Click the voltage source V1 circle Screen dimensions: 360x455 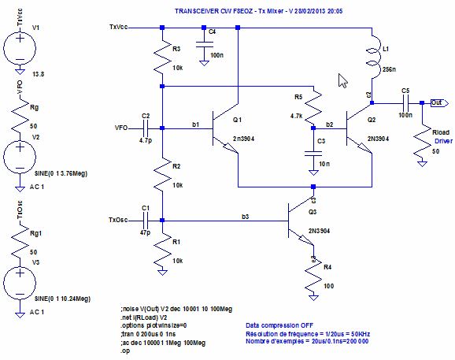[x=17, y=50]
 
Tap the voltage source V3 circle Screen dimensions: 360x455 [x=17, y=282]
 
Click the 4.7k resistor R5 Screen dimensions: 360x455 [x=313, y=106]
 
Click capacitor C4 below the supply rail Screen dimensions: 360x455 [x=202, y=39]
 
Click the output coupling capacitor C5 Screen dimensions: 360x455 [x=405, y=102]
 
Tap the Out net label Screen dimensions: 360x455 [x=436, y=102]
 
